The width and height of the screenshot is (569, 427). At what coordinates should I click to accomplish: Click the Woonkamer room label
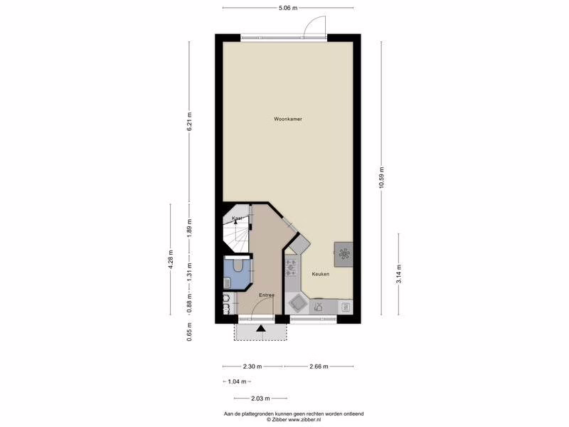[288, 119]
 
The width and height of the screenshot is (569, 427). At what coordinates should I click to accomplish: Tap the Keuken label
[321, 274]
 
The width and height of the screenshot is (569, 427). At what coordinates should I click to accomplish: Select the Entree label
[267, 295]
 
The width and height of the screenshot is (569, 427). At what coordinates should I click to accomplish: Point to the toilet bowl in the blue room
[238, 265]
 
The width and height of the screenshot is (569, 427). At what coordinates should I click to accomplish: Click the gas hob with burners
[291, 268]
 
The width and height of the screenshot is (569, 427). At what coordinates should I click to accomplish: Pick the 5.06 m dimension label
[288, 8]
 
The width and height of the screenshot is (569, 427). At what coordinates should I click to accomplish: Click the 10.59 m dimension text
[381, 177]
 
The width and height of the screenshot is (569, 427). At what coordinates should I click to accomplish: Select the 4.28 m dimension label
[171, 259]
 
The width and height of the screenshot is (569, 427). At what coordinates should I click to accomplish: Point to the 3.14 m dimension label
[399, 274]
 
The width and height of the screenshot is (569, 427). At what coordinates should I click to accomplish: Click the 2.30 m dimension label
[252, 367]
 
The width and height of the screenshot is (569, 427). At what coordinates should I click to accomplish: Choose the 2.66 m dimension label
[319, 367]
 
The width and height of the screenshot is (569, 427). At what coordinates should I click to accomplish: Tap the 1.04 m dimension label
[237, 381]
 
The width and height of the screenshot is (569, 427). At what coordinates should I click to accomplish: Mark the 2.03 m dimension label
[260, 399]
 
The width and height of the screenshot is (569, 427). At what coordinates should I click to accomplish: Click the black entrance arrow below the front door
[260, 329]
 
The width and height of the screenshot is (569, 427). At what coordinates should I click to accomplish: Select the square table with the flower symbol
[344, 254]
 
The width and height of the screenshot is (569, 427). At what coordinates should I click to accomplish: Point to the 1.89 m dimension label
[189, 228]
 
